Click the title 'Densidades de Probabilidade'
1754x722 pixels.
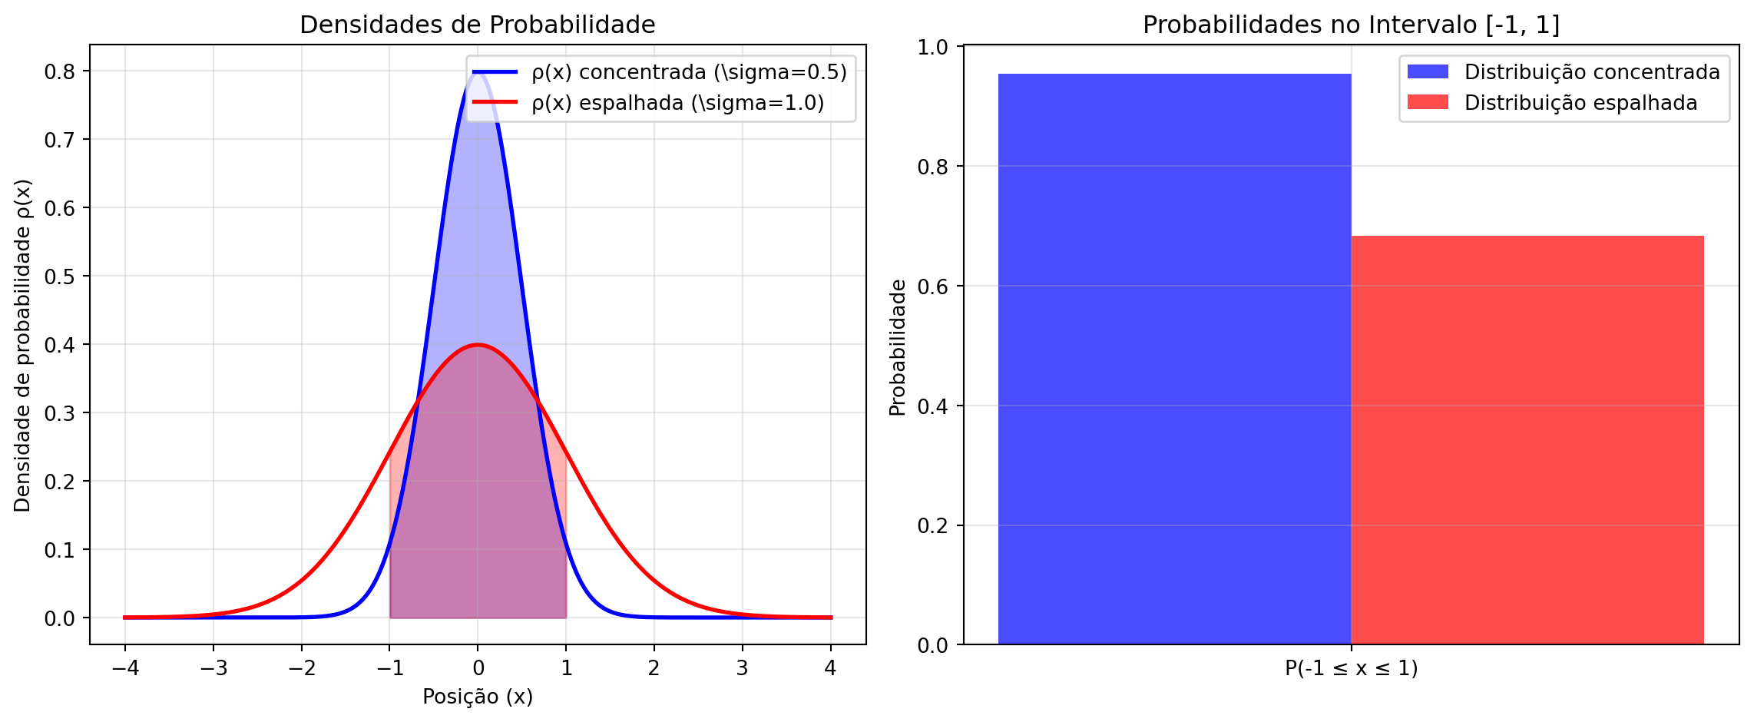477,25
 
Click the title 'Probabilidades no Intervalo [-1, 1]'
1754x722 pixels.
1351,25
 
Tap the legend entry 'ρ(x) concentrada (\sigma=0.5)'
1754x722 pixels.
689,72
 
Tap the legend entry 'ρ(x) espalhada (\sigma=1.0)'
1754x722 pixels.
677,103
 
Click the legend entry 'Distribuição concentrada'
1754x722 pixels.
1592,72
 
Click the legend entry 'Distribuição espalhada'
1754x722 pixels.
1580,103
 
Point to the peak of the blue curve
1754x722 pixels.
478,73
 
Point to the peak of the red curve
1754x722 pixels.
478,345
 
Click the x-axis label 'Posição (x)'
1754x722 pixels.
477,697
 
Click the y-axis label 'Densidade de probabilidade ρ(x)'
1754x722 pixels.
23,346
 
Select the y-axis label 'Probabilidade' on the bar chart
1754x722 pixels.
898,347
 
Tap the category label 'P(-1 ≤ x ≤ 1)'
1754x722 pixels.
1351,668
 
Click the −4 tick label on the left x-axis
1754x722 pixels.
125,668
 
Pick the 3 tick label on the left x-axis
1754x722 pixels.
742,668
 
